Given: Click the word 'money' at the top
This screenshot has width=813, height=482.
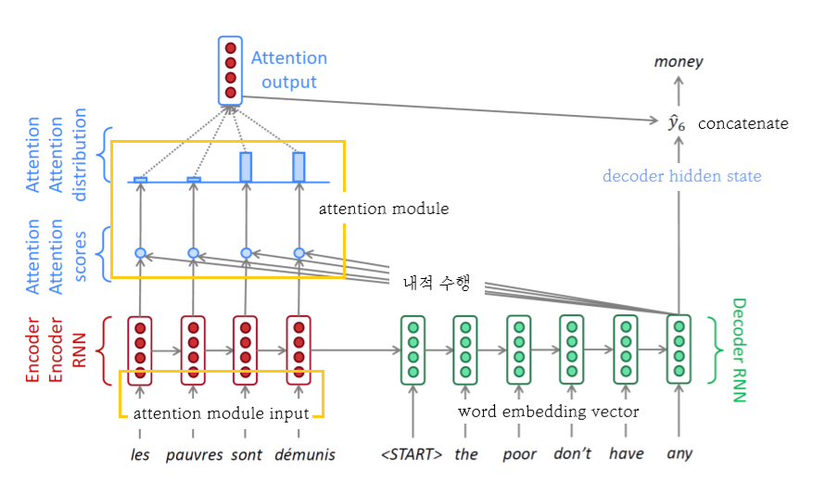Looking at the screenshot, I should (679, 62).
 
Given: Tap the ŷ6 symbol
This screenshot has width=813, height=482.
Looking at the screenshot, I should (679, 123).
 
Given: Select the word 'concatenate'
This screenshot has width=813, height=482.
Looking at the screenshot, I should (743, 123).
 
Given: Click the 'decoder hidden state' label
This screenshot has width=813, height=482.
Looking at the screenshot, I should (681, 176).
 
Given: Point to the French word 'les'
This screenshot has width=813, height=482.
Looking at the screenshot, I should (141, 454).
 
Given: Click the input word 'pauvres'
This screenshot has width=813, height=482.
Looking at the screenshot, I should (193, 454).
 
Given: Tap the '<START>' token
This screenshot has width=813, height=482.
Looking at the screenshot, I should (412, 454).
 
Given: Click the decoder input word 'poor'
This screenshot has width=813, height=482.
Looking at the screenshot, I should (519, 454).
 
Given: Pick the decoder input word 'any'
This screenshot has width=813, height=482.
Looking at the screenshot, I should (680, 454).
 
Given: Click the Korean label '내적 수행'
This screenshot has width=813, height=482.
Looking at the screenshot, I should (437, 284).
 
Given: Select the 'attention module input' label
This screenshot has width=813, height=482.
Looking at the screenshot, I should (221, 413).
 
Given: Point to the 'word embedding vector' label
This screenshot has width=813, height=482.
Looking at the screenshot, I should (549, 411).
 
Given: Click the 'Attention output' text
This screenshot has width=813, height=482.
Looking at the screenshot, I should (289, 70).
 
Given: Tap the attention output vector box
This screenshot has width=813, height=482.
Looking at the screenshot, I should (230, 70).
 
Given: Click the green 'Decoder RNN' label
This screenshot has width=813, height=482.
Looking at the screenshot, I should (739, 349).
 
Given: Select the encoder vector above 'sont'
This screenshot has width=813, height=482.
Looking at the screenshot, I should (245, 349).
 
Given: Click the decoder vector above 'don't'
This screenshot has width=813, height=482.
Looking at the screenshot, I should (572, 349).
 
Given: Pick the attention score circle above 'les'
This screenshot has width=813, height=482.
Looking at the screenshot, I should (140, 253).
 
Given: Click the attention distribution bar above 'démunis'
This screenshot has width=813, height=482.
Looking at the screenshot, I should (299, 167).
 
